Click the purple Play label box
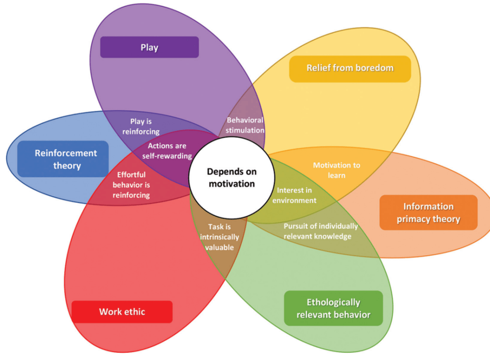click(149, 47)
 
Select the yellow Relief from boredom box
click(350, 68)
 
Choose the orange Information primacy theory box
click(428, 213)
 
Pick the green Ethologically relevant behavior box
click(333, 308)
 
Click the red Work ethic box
click(122, 312)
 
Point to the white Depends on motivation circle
click(231, 178)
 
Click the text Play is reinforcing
click(145, 126)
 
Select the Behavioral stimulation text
click(245, 125)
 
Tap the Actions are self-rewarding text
click(167, 151)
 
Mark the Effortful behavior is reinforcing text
click(131, 185)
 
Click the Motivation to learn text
click(336, 170)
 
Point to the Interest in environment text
click(294, 195)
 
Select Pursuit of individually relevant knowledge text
click(320, 231)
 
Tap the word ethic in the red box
click(135, 312)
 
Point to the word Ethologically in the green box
click(333, 302)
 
